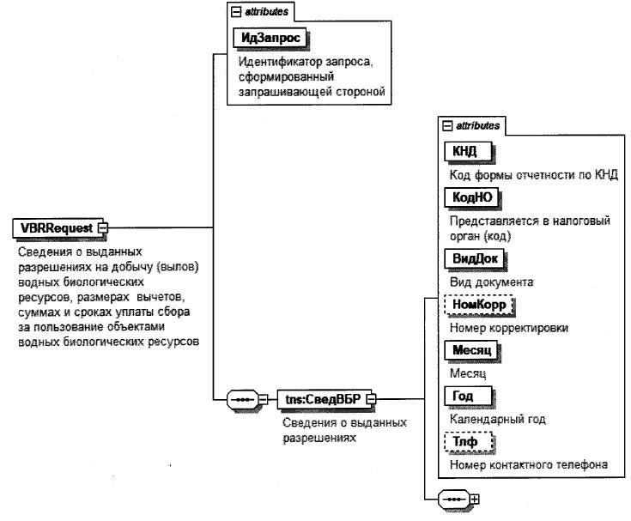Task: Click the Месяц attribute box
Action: [471, 350]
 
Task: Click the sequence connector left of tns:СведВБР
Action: [244, 399]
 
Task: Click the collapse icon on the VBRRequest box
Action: [103, 227]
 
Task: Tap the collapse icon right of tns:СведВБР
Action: [372, 399]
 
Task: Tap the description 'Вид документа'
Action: [491, 280]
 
